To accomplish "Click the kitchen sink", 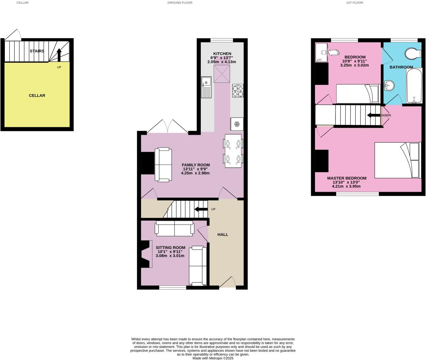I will click(x=206, y=87).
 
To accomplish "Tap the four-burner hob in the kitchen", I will click(x=238, y=91).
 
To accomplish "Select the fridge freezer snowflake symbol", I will click(x=237, y=124).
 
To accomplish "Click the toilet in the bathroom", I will click(x=413, y=54).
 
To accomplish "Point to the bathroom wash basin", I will click(x=389, y=86).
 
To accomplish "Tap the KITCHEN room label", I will click(x=222, y=54).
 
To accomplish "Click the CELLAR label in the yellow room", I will click(x=37, y=95).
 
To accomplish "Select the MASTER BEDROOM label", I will click(x=347, y=178).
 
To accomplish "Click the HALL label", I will click(x=223, y=234).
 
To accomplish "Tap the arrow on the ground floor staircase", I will click(x=201, y=209).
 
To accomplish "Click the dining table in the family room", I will click(x=233, y=151).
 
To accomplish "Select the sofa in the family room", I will click(x=163, y=164).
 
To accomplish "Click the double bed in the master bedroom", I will click(x=397, y=160).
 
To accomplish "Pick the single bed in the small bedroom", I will click(x=357, y=94).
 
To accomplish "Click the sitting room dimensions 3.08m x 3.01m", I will click(x=170, y=256).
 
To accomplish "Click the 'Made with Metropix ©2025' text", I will click(x=213, y=358).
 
